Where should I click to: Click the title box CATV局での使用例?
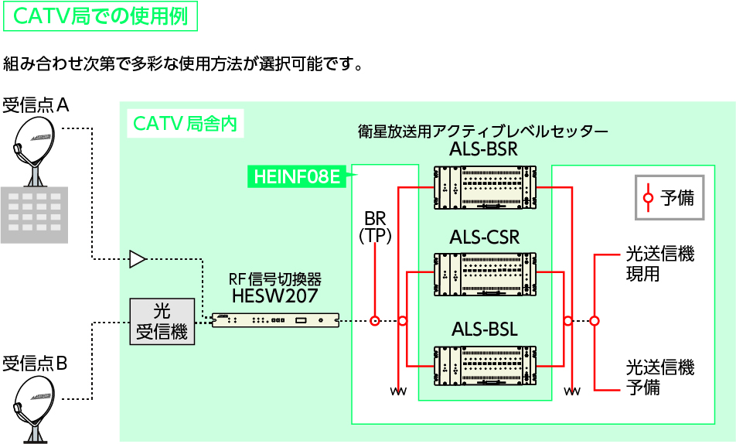pyautogui.click(x=101, y=16)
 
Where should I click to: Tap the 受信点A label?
pyautogui.click(x=36, y=104)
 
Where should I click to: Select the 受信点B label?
pyautogui.click(x=36, y=363)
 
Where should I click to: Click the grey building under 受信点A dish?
pyautogui.click(x=33, y=213)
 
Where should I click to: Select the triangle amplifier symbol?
pyautogui.click(x=137, y=259)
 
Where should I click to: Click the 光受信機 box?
pyautogui.click(x=162, y=322)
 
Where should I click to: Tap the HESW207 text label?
pyautogui.click(x=274, y=295)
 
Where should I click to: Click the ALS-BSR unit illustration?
pyautogui.click(x=484, y=187)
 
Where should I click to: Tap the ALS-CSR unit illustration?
pyautogui.click(x=484, y=274)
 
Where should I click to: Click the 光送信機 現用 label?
pyautogui.click(x=659, y=264)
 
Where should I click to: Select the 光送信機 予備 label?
pyautogui.click(x=659, y=377)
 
